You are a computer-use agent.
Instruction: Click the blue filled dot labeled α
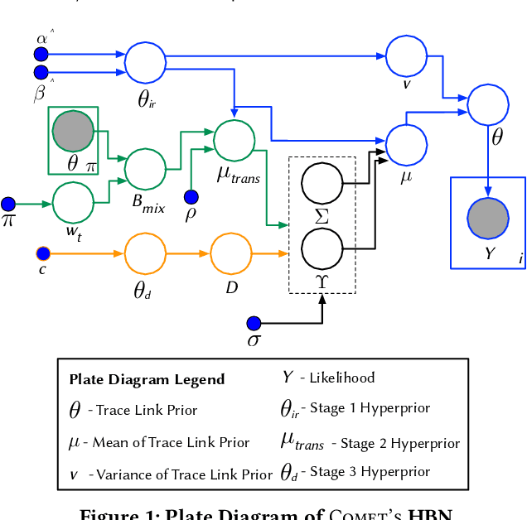[x=41, y=55]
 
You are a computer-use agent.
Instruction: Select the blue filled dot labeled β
[x=41, y=73]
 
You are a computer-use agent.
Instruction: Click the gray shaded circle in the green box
[x=73, y=131]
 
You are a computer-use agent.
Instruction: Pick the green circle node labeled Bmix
[x=145, y=170]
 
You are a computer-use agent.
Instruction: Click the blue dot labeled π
[x=8, y=204]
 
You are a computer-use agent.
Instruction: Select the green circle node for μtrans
[x=235, y=139]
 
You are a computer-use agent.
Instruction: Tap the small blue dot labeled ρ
[x=191, y=197]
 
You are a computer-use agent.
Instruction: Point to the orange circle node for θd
[x=145, y=252]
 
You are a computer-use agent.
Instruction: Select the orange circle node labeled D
[x=231, y=252]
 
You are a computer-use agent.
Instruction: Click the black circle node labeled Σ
[x=322, y=183]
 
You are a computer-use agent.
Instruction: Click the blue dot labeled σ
[x=254, y=323]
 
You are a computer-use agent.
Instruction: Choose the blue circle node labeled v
[x=407, y=55]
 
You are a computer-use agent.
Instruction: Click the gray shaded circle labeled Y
[x=488, y=219]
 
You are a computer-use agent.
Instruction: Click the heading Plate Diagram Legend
[x=147, y=380]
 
